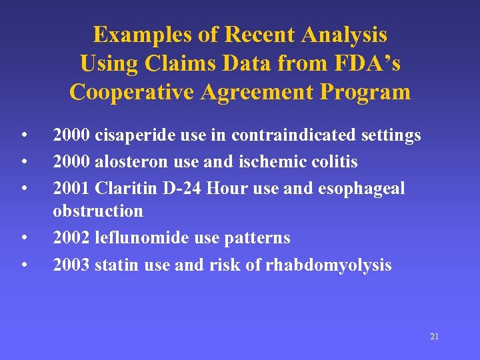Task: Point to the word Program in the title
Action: click(364, 91)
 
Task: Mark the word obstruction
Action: click(98, 211)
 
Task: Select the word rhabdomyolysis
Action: click(329, 265)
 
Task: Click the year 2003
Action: click(71, 265)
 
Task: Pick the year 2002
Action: click(71, 238)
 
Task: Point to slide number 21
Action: click(434, 337)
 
